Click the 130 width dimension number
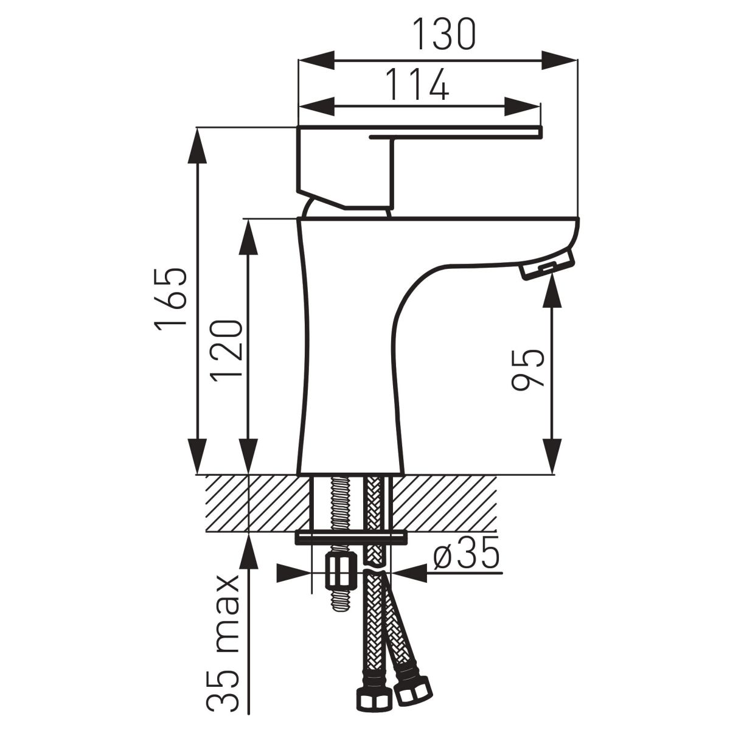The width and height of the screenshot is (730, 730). point(443,34)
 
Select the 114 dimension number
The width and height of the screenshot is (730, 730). point(419,85)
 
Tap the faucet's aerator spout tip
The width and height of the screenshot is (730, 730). point(547,266)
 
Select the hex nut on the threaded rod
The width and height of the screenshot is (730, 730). point(341,572)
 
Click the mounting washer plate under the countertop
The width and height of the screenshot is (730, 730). point(351,538)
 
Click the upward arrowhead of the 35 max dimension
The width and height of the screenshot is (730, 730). point(249,551)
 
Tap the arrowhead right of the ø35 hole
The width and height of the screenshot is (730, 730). point(409,572)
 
